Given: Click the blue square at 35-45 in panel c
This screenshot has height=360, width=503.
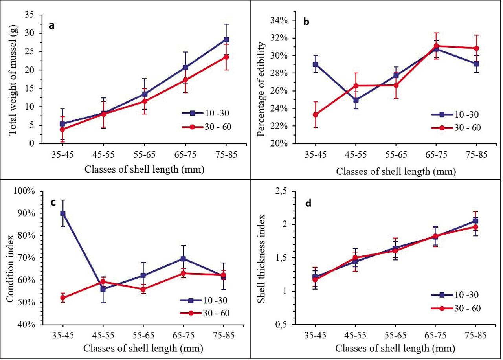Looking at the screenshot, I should pyautogui.click(x=62, y=213).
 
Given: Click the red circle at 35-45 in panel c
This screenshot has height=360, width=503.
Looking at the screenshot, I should pyautogui.click(x=62, y=298).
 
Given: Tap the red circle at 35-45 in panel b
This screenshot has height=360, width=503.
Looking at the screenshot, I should pyautogui.click(x=315, y=115).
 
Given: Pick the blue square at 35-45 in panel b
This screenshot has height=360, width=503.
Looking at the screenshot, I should pyautogui.click(x=315, y=64).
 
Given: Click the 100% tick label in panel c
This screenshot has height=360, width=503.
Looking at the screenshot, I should pyautogui.click(x=28, y=191).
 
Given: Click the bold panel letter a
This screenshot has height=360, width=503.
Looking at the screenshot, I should pyautogui.click(x=51, y=26).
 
